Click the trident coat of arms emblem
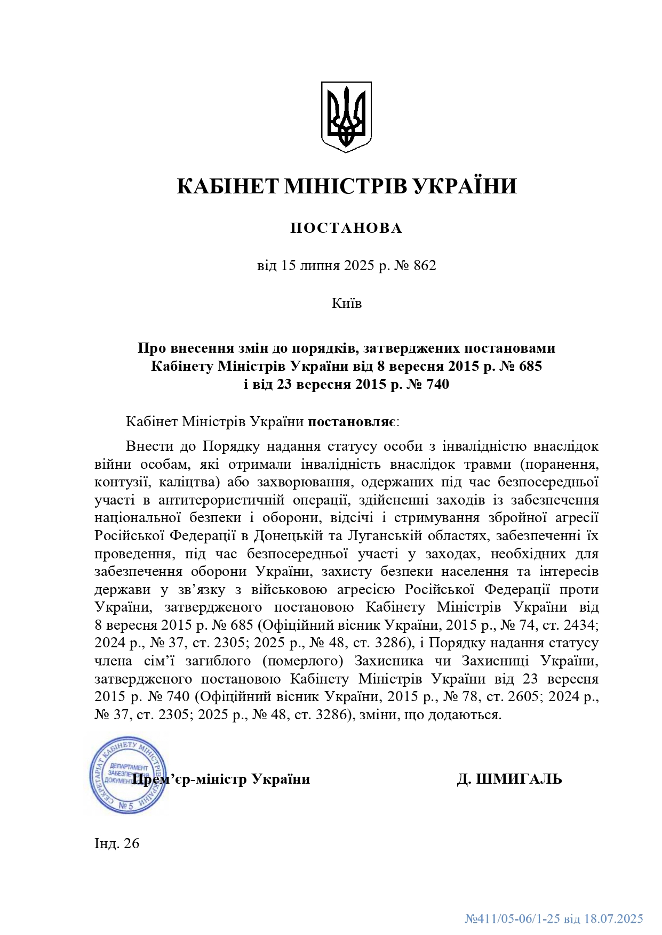[346, 117]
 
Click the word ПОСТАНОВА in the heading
[346, 228]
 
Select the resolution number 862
[425, 265]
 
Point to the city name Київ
[346, 304]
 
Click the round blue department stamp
[128, 775]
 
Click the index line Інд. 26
[117, 843]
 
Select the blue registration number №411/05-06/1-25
[512, 919]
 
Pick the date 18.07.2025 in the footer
[613, 919]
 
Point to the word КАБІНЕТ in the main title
[228, 186]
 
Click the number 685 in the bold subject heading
[529, 366]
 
